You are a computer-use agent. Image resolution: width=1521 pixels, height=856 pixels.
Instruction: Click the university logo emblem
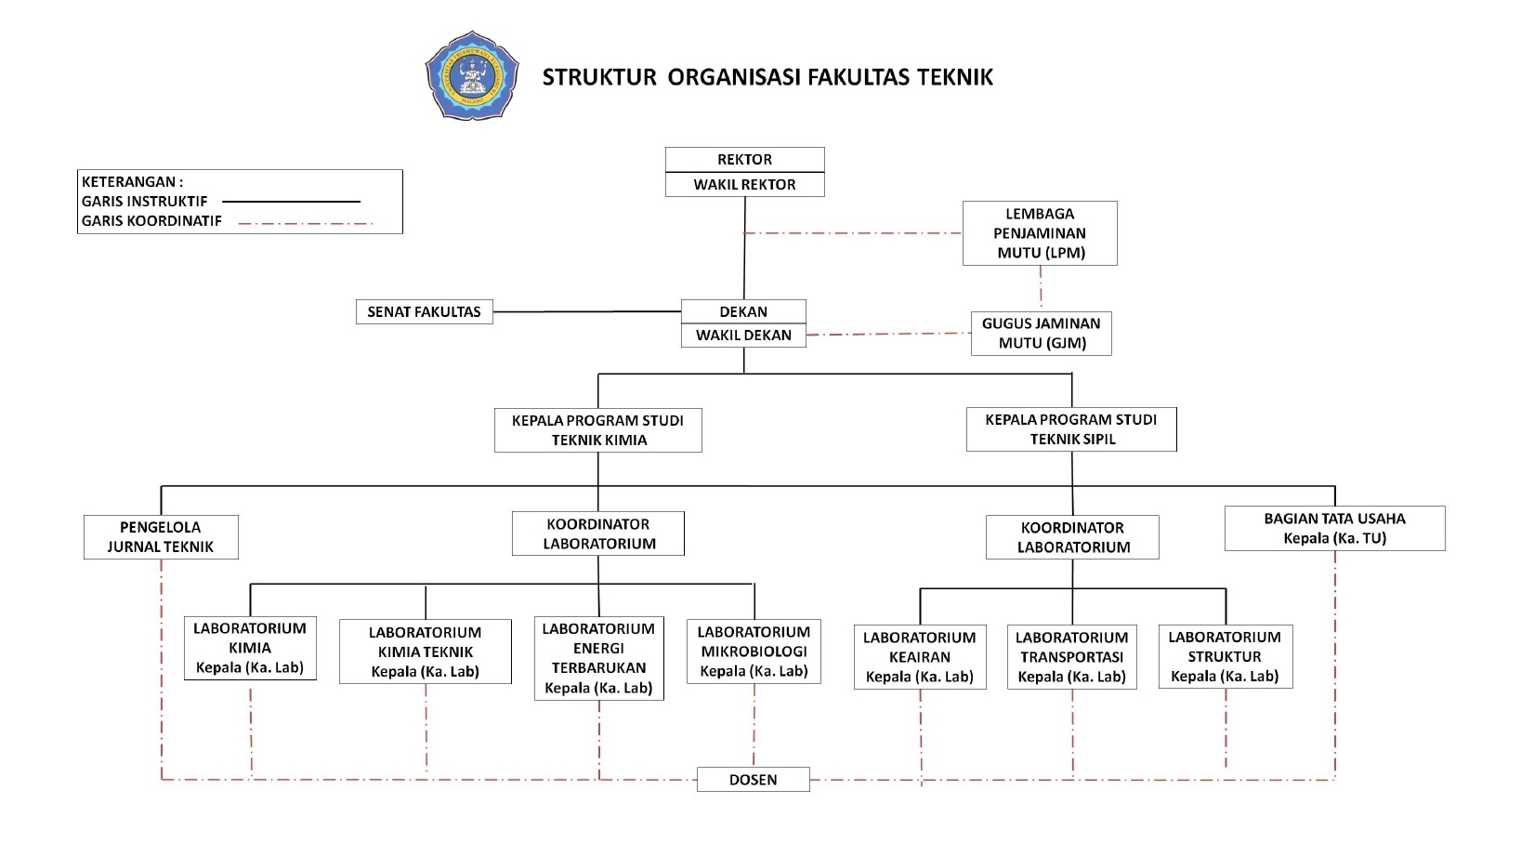pyautogui.click(x=471, y=76)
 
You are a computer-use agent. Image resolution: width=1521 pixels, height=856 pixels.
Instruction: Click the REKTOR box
pyautogui.click(x=744, y=160)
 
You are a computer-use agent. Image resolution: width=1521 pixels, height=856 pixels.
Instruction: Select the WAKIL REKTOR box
pyautogui.click(x=744, y=185)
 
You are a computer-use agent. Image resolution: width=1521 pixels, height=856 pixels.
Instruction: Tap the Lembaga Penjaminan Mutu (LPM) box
pyautogui.click(x=1040, y=233)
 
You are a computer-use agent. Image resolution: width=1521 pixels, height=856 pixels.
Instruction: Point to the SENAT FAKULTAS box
pyautogui.click(x=424, y=311)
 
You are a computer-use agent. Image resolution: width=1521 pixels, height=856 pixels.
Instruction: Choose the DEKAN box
pyautogui.click(x=743, y=311)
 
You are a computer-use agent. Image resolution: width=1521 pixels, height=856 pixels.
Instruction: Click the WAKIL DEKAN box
pyautogui.click(x=743, y=336)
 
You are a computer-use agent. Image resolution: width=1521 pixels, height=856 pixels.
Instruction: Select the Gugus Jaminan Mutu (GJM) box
pyautogui.click(x=1041, y=333)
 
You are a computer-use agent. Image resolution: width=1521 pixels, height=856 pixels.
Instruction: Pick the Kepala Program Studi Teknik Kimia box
pyautogui.click(x=598, y=430)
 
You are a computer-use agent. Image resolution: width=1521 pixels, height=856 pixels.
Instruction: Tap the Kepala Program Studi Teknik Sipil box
pyautogui.click(x=1071, y=429)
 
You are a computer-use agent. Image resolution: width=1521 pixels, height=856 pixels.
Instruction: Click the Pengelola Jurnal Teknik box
pyautogui.click(x=161, y=537)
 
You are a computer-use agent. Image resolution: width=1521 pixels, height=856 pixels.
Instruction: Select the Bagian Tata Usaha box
pyautogui.click(x=1334, y=528)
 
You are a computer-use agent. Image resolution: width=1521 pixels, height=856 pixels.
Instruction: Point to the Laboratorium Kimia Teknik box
pyautogui.click(x=426, y=652)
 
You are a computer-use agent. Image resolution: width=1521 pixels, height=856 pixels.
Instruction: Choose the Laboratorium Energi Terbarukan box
pyautogui.click(x=599, y=658)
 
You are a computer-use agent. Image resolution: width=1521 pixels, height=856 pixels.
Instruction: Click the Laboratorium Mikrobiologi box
pyautogui.click(x=754, y=652)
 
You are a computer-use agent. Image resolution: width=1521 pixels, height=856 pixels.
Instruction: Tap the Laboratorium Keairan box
pyautogui.click(x=920, y=657)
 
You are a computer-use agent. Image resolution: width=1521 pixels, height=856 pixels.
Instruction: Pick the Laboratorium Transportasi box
pyautogui.click(x=1071, y=657)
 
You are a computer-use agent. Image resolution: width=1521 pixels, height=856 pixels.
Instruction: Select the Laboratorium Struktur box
pyautogui.click(x=1225, y=656)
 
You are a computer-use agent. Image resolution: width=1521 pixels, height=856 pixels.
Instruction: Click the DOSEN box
pyautogui.click(x=753, y=780)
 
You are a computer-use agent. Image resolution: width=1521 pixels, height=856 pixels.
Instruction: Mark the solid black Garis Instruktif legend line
pyautogui.click(x=291, y=202)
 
